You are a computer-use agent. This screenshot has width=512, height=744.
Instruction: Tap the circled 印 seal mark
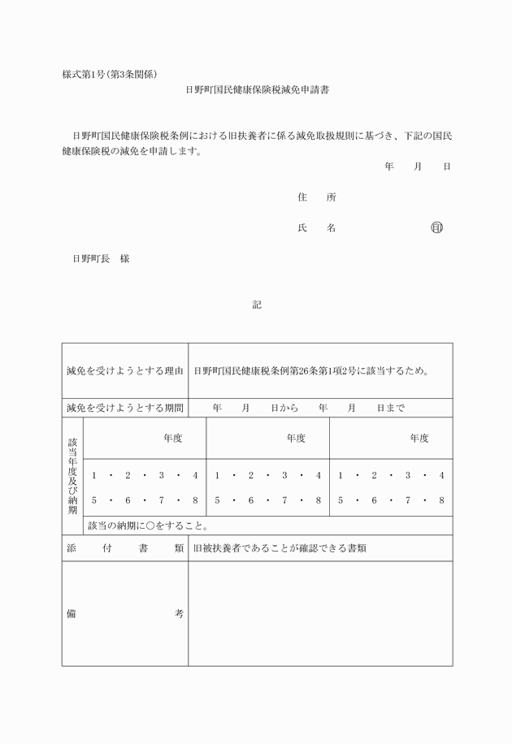437,228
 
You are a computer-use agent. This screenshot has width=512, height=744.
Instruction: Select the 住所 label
316,197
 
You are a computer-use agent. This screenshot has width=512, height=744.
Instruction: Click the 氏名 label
316,228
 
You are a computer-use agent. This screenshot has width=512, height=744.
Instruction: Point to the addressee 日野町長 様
101,259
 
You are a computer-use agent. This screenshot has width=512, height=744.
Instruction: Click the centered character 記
257,305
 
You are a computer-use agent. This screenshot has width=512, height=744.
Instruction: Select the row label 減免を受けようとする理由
125,371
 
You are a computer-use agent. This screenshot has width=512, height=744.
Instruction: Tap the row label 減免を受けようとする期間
125,408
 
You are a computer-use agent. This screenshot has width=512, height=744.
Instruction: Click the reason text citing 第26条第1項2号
312,371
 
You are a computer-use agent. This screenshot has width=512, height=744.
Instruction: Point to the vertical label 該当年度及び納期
72,477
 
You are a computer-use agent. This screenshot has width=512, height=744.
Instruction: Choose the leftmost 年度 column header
172,438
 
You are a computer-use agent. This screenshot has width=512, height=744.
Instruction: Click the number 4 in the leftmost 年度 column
195,475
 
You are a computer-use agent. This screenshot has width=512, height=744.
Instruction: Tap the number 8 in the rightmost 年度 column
441,500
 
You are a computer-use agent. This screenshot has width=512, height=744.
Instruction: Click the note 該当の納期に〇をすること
148,526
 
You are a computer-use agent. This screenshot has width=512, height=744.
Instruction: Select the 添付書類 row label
125,548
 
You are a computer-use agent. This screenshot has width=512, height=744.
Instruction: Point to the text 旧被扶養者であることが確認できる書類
280,548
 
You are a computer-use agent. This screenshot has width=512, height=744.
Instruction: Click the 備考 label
125,613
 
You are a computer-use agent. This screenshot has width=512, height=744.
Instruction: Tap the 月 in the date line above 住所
418,167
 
